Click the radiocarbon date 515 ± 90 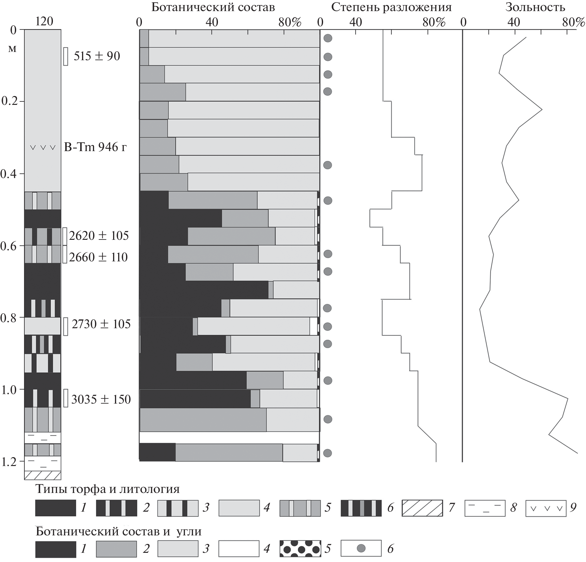(x=97, y=56)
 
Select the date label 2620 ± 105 (x=99, y=236)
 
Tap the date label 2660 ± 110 (x=98, y=257)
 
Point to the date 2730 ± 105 (x=101, y=324)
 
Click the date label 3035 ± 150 (x=101, y=399)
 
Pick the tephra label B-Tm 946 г (x=95, y=147)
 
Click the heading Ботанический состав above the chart (x=213, y=7)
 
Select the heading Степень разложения (x=391, y=7)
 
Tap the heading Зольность (x=535, y=7)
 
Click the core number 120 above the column (x=44, y=21)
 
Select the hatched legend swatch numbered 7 (x=422, y=508)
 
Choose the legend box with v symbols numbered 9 (x=545, y=508)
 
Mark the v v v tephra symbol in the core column (x=43, y=147)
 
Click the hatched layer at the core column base (x=43, y=475)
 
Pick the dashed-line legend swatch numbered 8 (x=485, y=508)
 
